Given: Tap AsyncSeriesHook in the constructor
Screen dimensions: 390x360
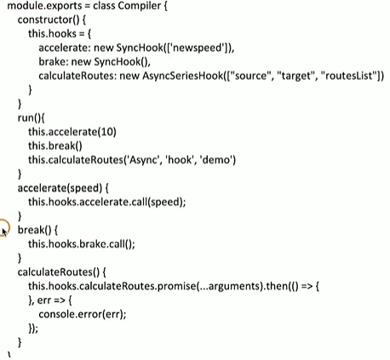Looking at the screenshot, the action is (183, 76).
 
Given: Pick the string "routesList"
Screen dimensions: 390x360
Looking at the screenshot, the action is (350, 76).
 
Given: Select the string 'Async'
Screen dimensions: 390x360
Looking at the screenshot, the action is (143, 160).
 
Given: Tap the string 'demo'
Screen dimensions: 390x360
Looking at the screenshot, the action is (218, 160).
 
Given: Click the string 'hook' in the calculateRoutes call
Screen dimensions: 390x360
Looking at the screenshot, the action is (181, 160).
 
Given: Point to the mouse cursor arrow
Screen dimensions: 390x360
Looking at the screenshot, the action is (4, 232).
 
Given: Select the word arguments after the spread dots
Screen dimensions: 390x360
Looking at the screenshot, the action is (234, 287).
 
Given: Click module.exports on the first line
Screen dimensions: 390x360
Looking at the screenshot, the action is (44, 6).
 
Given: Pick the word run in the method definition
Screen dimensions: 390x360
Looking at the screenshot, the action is (26, 118).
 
